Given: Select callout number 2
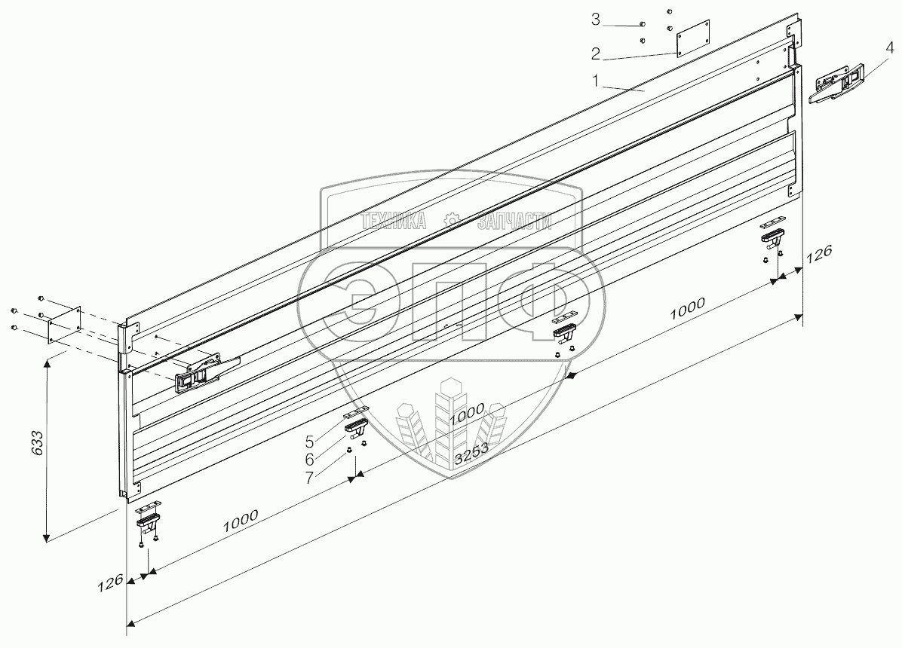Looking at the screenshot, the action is coord(596,53).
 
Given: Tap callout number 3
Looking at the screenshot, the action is coord(596,20).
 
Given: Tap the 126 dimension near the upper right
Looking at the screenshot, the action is coord(819,253).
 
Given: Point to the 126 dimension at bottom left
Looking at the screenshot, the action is coord(109,584).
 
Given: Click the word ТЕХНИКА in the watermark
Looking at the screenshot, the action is coord(394,221).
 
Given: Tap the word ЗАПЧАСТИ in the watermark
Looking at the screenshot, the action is coord(514,221).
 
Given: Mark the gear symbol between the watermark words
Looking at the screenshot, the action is coord(451,220).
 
